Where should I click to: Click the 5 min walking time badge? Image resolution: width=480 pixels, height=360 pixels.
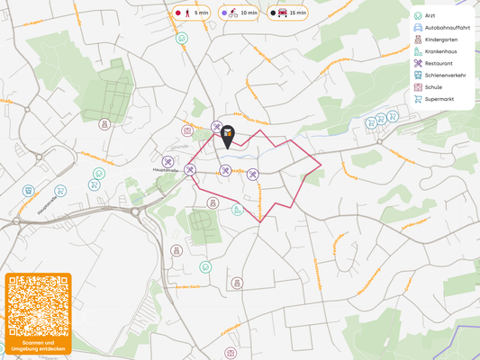click(x=191, y=13)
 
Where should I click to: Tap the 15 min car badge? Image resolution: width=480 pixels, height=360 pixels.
click(x=288, y=13)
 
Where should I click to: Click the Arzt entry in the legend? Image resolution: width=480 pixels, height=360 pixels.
click(x=430, y=16)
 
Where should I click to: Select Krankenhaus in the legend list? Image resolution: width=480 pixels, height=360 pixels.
click(x=440, y=52)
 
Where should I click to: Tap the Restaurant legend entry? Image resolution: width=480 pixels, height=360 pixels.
click(x=439, y=64)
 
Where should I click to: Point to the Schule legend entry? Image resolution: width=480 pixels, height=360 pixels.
click(x=434, y=87)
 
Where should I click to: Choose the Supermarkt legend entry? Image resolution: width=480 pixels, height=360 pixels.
click(x=439, y=99)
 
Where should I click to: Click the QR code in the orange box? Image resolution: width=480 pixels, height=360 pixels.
click(x=38, y=305)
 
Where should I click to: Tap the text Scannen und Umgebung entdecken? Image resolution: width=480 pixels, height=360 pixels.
click(x=38, y=346)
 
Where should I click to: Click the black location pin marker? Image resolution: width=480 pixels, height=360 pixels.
click(x=228, y=137)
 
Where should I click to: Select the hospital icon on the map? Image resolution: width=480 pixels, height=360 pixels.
click(x=238, y=210)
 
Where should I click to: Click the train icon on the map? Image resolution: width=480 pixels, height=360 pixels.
click(x=29, y=191)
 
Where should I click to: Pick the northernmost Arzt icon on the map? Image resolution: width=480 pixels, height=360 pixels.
click(x=182, y=39)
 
